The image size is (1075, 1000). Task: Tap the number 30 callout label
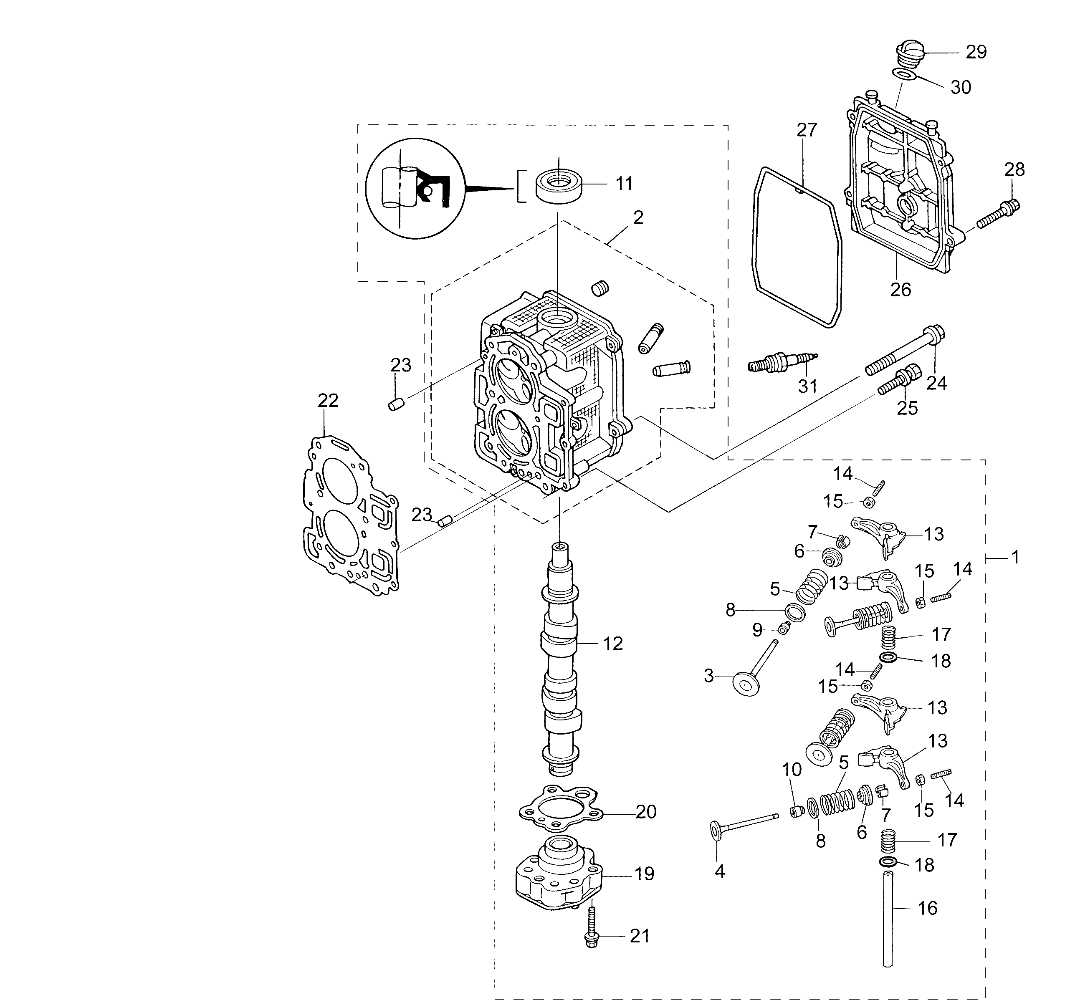tap(961, 87)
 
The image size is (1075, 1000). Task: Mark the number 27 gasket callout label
tap(807, 130)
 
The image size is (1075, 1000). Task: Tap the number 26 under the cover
tap(901, 290)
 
